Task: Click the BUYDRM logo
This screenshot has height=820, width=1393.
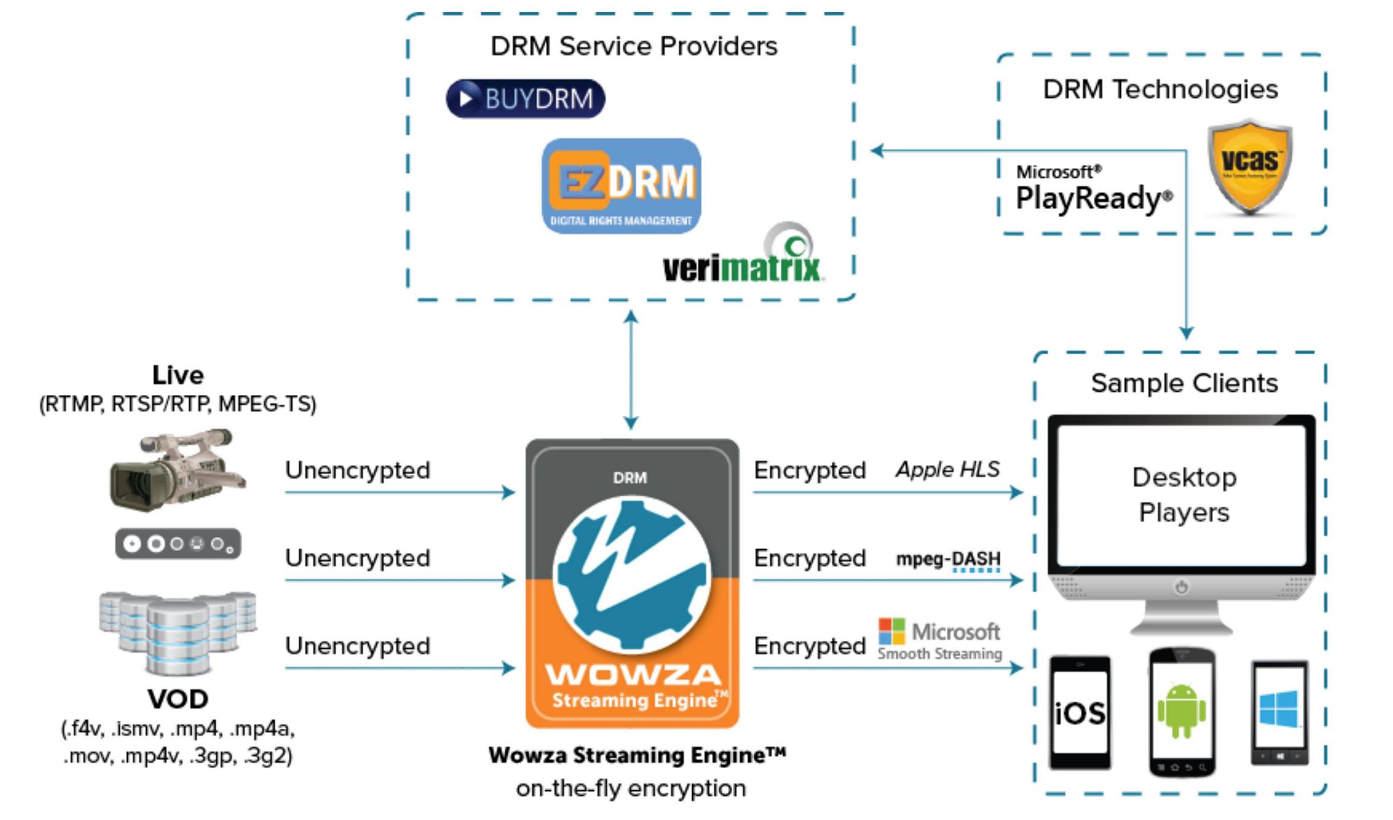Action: click(x=525, y=99)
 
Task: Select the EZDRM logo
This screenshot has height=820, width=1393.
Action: click(x=621, y=186)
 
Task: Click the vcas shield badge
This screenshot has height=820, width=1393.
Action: click(x=1249, y=167)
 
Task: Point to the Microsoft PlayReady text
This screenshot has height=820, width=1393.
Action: click(x=1093, y=189)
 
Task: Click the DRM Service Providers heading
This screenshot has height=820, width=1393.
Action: click(x=634, y=46)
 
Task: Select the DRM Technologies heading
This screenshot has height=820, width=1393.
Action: click(x=1160, y=89)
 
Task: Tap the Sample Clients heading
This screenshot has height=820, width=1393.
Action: click(x=1184, y=383)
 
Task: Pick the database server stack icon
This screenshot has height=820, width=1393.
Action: click(x=178, y=632)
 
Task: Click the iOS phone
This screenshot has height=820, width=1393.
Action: click(x=1080, y=713)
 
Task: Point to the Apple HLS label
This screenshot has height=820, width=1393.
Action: click(x=948, y=470)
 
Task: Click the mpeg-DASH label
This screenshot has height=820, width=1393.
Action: click(x=948, y=559)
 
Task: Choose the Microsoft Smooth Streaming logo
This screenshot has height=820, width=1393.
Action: click(x=940, y=639)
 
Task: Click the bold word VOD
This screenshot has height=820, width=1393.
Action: click(x=178, y=699)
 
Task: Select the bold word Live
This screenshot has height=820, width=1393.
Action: click(x=178, y=375)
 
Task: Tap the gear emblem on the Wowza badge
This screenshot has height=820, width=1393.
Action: click(x=632, y=575)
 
